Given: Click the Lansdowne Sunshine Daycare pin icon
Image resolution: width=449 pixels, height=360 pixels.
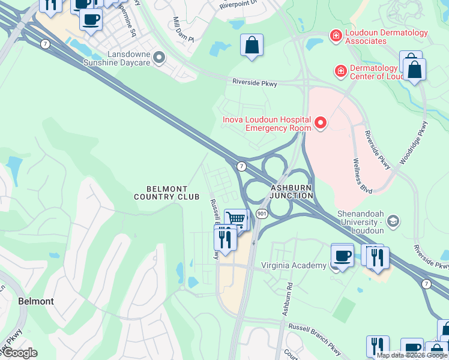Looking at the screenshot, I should [x=159, y=58].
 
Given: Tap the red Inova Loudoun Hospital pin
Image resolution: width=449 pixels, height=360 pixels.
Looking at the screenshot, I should [x=321, y=124].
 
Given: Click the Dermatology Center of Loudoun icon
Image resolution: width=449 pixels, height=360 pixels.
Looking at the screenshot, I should [x=341, y=72].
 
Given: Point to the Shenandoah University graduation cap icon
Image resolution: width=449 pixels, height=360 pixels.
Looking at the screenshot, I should [x=393, y=221].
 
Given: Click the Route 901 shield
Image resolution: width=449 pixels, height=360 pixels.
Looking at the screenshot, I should [x=261, y=214].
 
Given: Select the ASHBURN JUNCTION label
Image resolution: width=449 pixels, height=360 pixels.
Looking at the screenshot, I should [x=291, y=191].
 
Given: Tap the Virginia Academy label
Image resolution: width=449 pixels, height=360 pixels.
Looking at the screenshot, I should [x=292, y=265].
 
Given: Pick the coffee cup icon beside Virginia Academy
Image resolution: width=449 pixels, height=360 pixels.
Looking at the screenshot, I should [x=342, y=256].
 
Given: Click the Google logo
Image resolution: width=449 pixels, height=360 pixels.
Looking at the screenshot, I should [x=19, y=353].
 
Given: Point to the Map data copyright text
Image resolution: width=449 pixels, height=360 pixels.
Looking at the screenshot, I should [x=412, y=355].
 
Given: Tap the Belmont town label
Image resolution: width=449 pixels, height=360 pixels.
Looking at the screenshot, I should [x=36, y=301].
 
